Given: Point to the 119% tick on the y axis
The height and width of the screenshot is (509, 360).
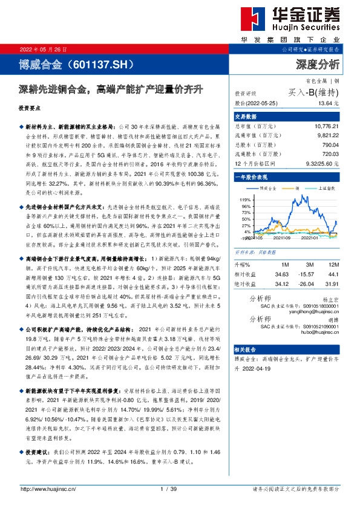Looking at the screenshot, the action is pyautogui.click(x=245, y=198).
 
